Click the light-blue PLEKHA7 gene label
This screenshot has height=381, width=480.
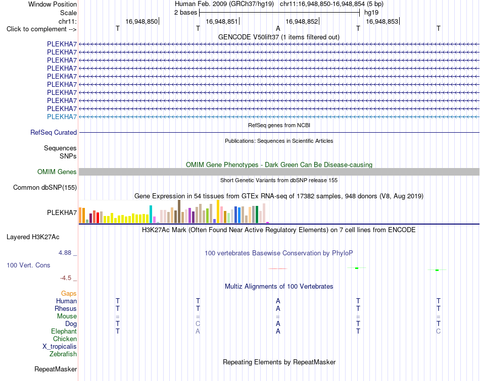click(x=62, y=117)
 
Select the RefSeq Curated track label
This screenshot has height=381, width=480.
click(x=54, y=132)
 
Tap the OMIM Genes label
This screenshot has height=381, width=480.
click(x=57, y=172)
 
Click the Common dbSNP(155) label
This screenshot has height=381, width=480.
click(x=45, y=187)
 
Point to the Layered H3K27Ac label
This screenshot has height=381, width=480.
click(x=33, y=237)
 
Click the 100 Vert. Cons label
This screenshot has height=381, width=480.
click(x=28, y=265)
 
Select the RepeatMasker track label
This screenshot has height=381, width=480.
click(x=56, y=369)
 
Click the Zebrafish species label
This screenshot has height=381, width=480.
click(x=63, y=354)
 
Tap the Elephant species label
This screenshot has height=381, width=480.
click(x=64, y=331)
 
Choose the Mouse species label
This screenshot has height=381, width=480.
click(x=67, y=316)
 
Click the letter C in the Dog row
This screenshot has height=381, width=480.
click(x=198, y=323)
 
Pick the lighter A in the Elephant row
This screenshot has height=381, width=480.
click(x=198, y=331)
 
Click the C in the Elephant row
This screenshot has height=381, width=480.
click(x=439, y=331)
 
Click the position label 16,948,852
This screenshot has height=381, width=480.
click(x=302, y=21)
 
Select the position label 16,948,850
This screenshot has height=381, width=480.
click(x=141, y=21)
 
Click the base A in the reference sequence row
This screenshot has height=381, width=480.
click(x=278, y=28)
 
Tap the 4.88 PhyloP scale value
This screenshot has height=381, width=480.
click(x=65, y=253)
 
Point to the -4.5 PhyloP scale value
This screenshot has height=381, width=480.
click(x=66, y=278)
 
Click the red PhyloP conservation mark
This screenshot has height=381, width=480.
click(x=278, y=268)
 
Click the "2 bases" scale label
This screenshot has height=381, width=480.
click(x=186, y=13)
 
